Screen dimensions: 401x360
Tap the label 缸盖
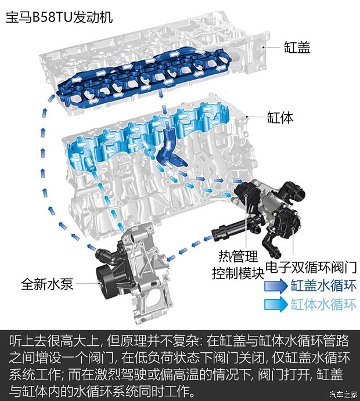point(297,47)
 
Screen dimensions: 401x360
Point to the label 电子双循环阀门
point(309,267)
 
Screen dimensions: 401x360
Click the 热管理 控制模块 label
point(237,264)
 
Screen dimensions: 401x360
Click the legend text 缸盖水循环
point(323,286)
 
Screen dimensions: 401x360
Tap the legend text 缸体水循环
point(323,305)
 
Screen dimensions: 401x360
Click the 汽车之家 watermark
point(342,395)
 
